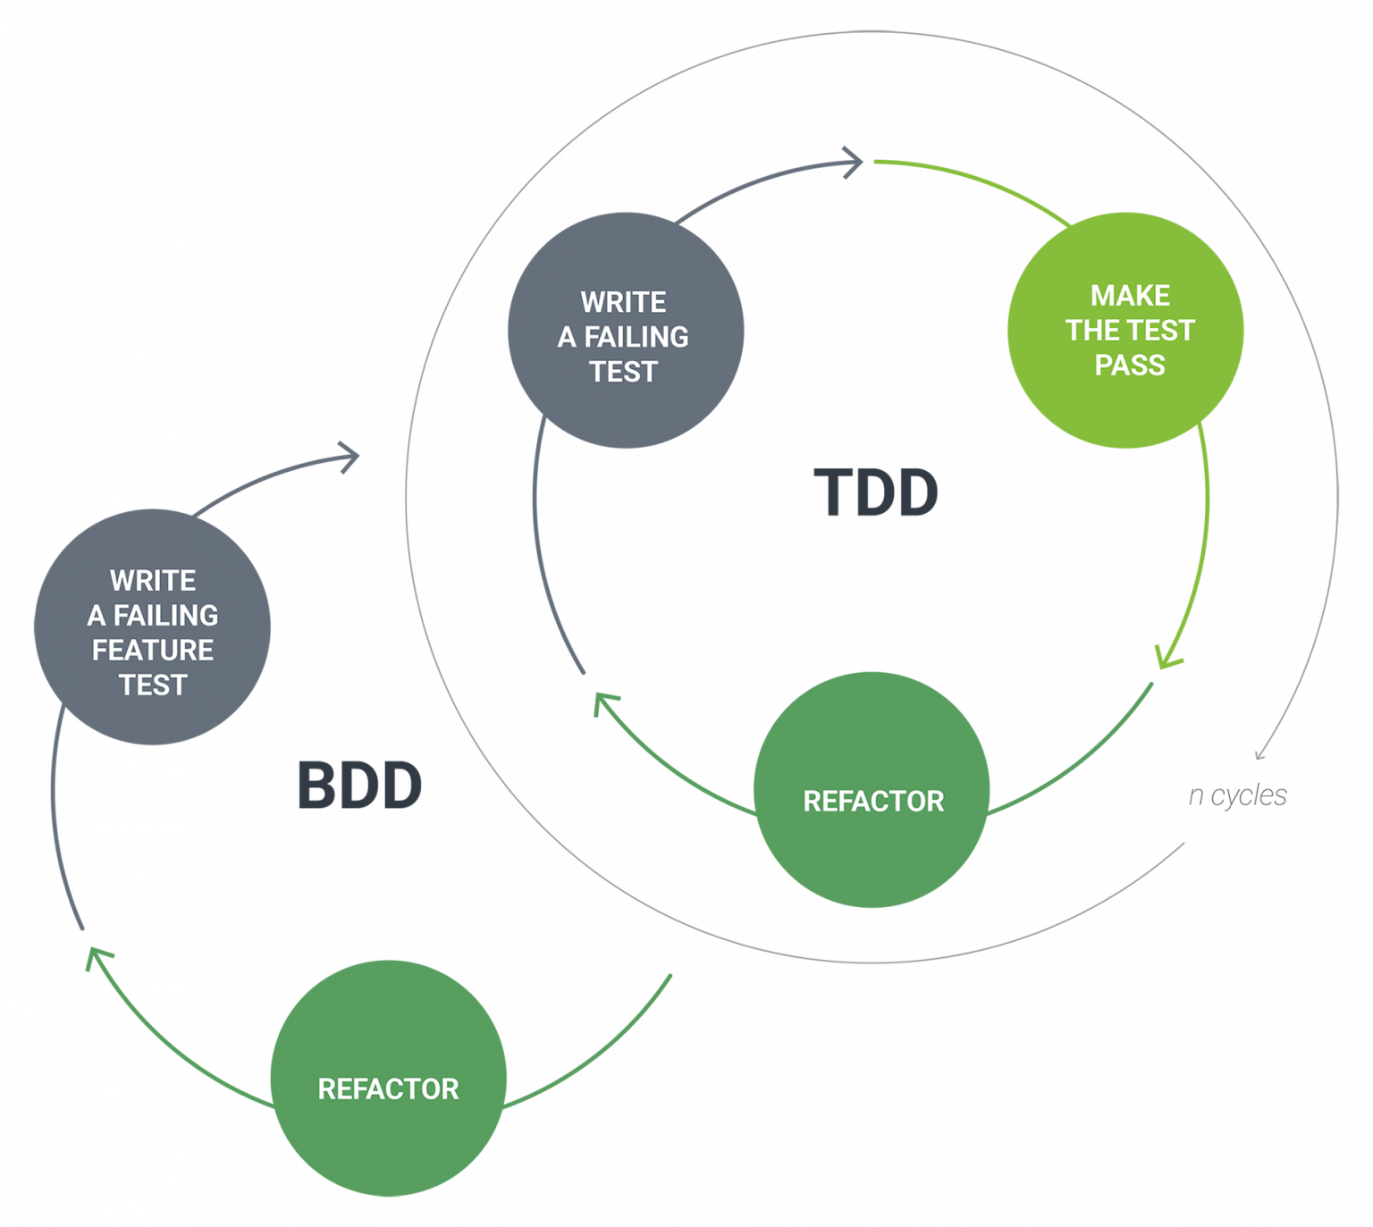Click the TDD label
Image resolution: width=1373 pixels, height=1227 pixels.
875,492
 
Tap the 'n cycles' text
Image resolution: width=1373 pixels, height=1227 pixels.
1238,794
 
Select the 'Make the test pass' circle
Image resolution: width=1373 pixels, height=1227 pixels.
1125,330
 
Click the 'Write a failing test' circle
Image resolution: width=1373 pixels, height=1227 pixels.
625,331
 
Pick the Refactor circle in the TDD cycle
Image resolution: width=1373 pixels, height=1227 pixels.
872,790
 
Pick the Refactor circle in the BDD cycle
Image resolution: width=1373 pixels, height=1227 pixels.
388,1078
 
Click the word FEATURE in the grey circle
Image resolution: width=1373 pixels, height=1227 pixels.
153,650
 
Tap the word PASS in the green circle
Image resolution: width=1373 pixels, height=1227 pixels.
1130,365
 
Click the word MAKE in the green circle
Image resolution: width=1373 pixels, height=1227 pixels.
1130,296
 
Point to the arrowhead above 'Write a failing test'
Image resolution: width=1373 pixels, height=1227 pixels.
855,163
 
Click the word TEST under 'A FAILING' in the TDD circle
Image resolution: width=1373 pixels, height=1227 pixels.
623,371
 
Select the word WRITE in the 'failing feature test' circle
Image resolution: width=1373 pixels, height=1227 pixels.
153,580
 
